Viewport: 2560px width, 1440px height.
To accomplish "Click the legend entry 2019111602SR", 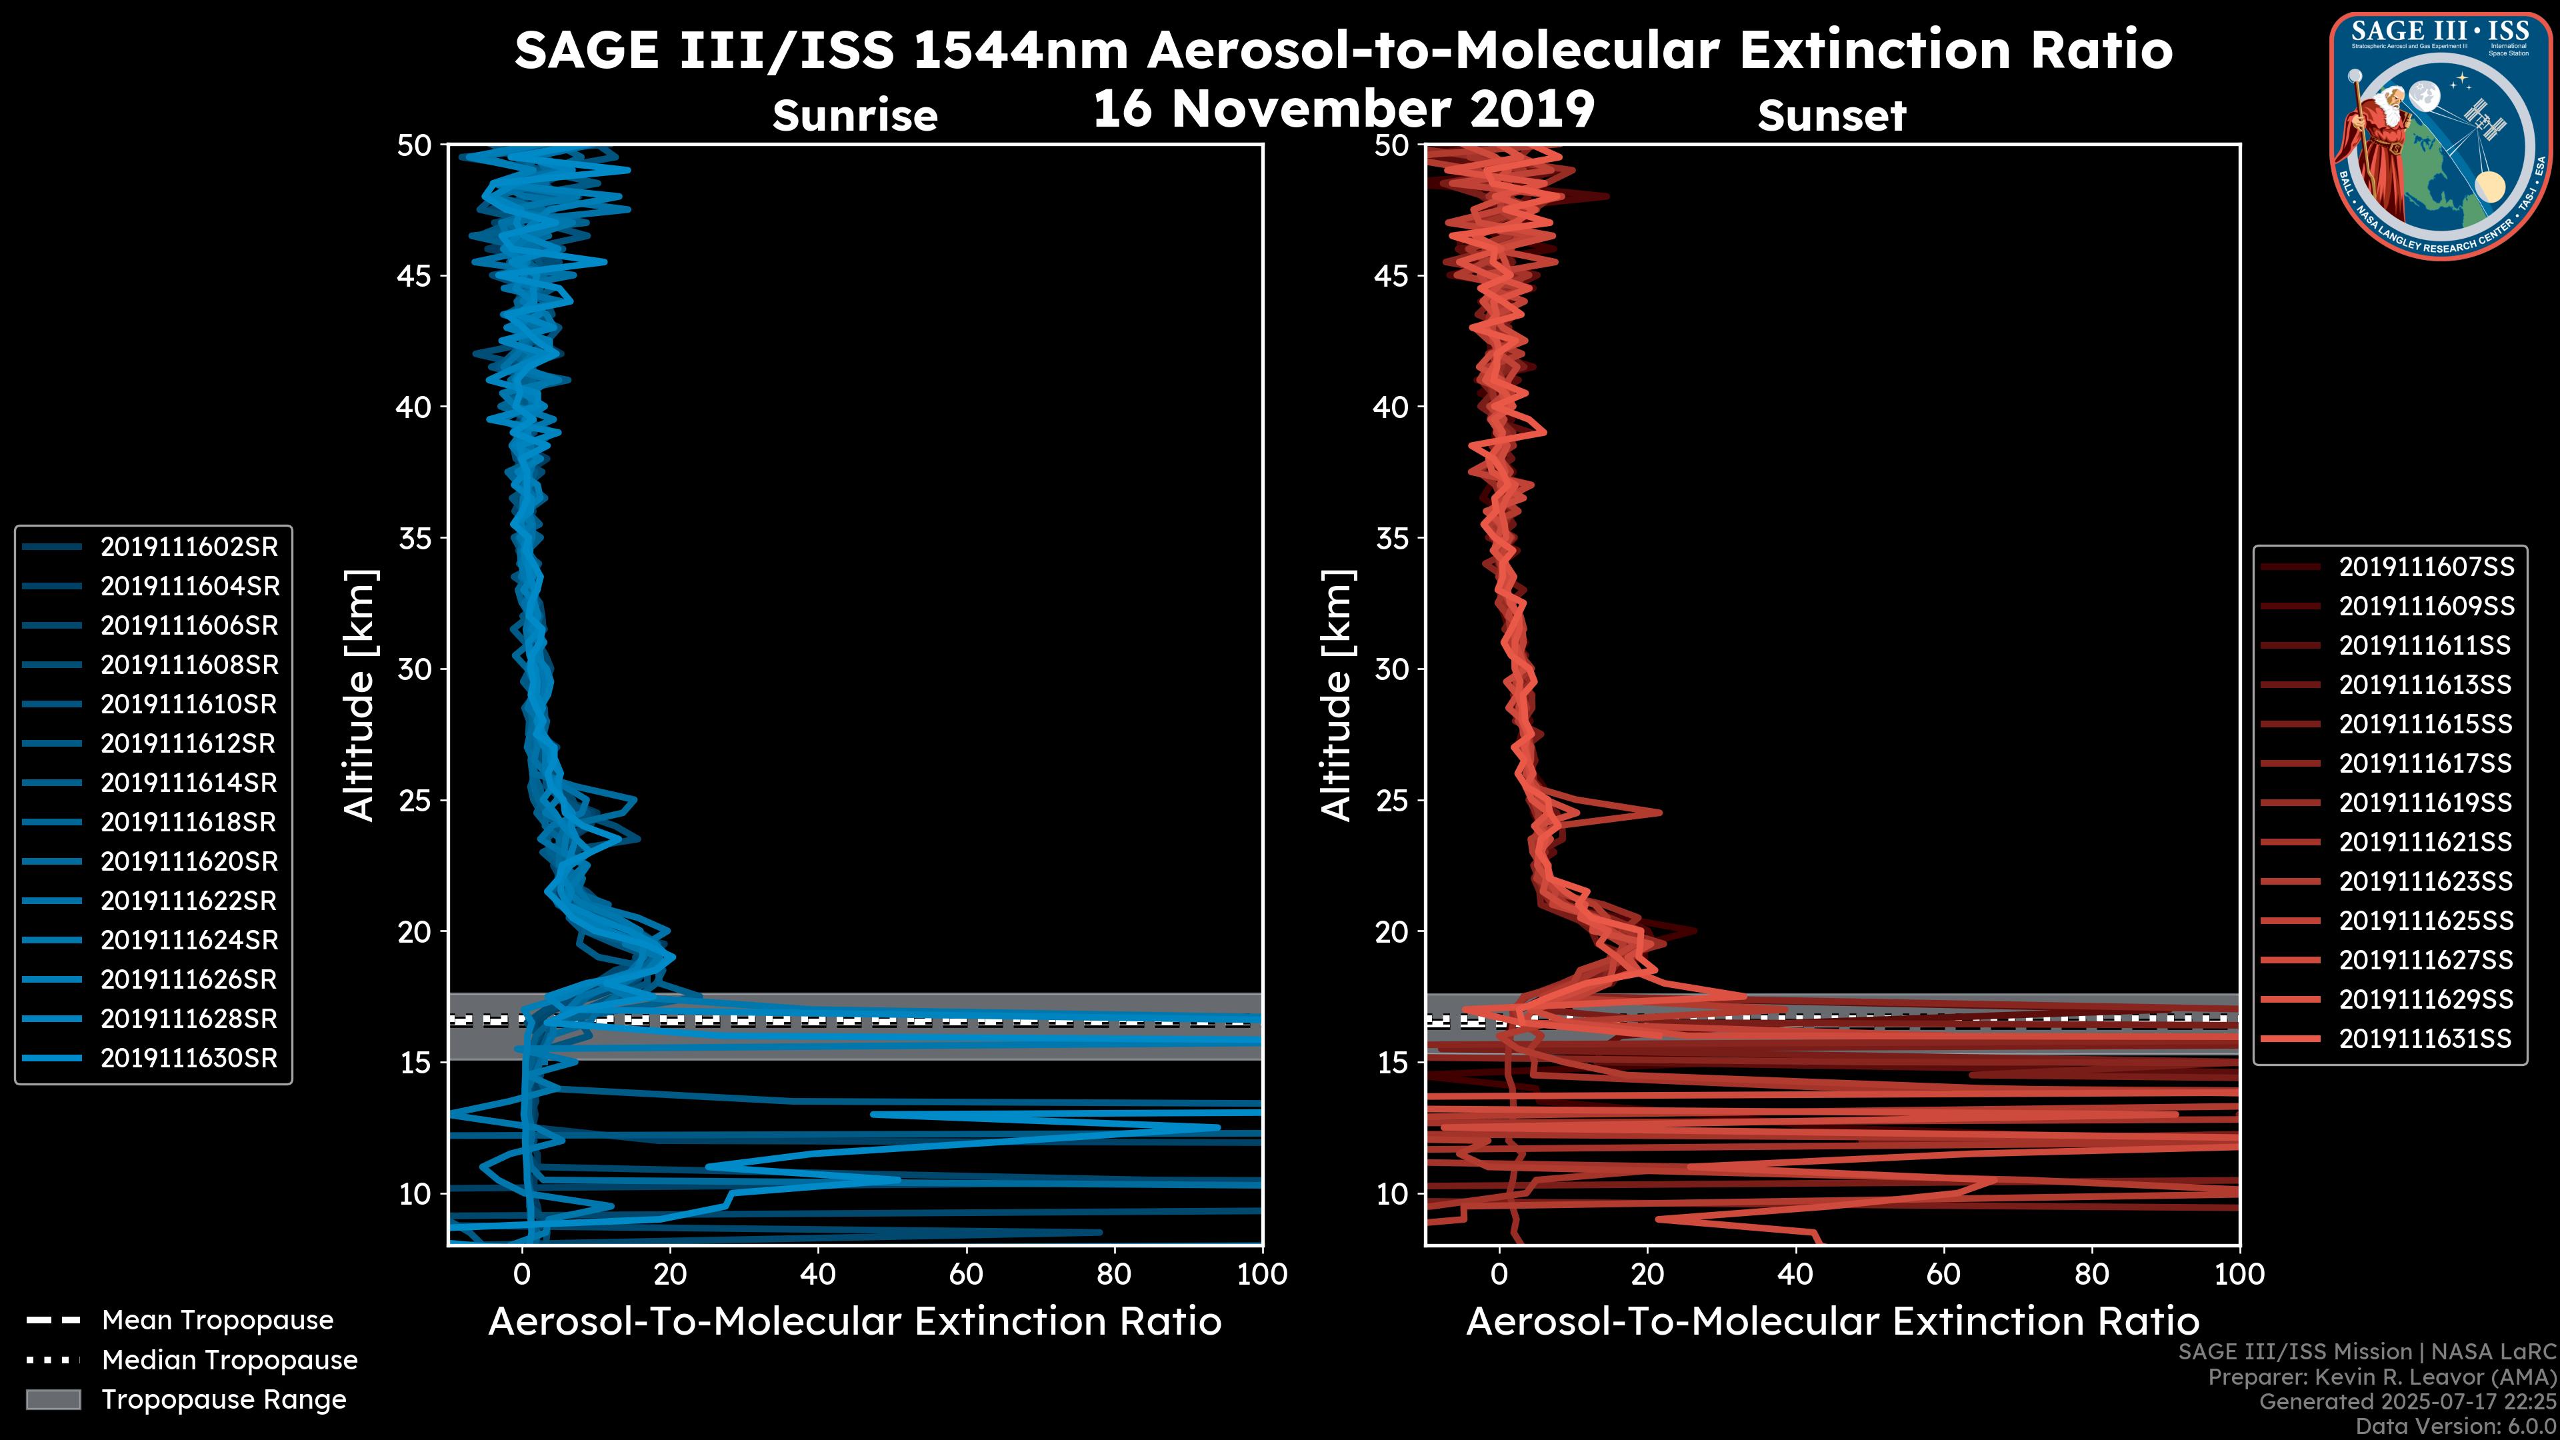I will pos(189,547).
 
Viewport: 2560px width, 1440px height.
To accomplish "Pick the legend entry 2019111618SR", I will pos(189,822).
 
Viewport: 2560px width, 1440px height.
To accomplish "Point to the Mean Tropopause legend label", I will pos(217,1320).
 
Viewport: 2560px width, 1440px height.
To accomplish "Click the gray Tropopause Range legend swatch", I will pos(53,1399).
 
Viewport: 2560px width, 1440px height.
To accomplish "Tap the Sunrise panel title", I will pos(855,116).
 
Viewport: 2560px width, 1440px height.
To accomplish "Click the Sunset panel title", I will pos(1831,116).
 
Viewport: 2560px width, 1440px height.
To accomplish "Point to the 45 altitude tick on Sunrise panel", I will pos(415,275).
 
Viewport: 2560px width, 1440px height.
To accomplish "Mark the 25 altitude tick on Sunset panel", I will pos(1393,800).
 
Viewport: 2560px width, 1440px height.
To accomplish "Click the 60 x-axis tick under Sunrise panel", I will pos(966,1273).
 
